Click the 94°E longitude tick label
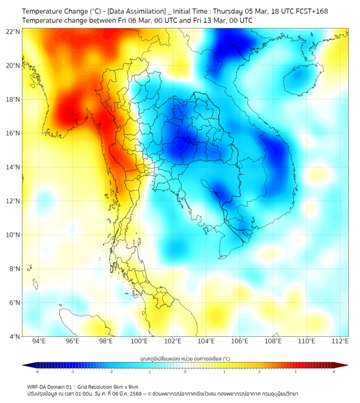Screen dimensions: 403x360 tap(39, 341)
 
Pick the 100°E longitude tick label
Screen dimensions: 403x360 tap(140, 341)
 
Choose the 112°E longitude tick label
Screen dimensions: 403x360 tap(340, 341)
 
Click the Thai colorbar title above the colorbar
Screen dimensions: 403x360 tap(185, 359)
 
